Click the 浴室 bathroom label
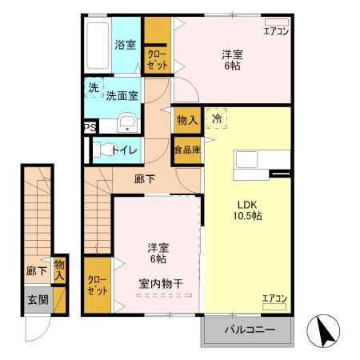126,45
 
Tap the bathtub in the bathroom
97,46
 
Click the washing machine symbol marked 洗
94,87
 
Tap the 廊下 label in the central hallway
145,179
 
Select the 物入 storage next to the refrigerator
187,120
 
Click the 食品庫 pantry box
186,150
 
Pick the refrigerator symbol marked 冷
216,118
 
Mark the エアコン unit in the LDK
274,299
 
